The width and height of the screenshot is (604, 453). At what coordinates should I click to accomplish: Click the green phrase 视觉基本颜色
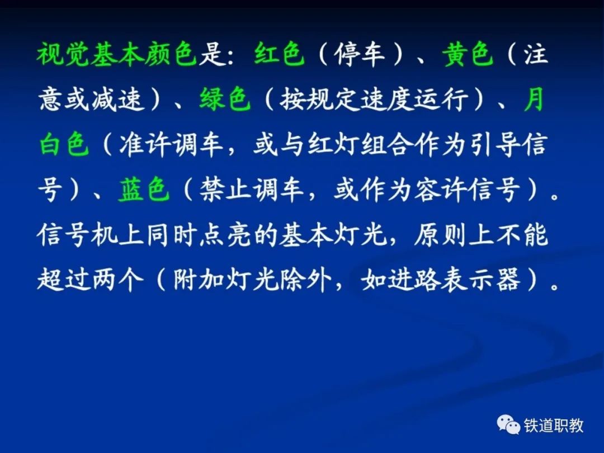pos(117,54)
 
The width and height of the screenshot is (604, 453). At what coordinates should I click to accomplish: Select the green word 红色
pos(279,54)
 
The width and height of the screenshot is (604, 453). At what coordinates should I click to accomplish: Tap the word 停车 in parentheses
pos(360,54)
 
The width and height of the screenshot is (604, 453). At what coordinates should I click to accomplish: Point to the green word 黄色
pos(468,54)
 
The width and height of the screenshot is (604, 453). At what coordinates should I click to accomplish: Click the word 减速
pos(118,99)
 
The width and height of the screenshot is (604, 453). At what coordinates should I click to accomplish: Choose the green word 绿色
pos(225,99)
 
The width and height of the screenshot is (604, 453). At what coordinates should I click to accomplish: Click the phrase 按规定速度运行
pos(374,99)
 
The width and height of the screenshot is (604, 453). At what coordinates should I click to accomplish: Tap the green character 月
pos(534,99)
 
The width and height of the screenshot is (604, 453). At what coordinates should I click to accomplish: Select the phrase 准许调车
pos(172,144)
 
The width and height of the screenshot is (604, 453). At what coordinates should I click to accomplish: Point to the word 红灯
pos(333,144)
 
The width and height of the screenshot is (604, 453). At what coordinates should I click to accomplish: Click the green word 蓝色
pos(144,190)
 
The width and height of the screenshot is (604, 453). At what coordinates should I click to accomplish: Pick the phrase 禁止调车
pos(252,190)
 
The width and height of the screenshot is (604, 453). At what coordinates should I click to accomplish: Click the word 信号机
pos(77,234)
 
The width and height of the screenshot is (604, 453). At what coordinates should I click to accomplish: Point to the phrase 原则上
pos(454,234)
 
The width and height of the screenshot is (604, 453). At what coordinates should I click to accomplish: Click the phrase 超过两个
pos(91,280)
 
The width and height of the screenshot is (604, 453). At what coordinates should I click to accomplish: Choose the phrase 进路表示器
pos(454,280)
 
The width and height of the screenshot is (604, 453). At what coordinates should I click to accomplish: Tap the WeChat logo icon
pos(508,424)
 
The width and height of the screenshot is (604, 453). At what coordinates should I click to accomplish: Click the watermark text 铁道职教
pos(554,425)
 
